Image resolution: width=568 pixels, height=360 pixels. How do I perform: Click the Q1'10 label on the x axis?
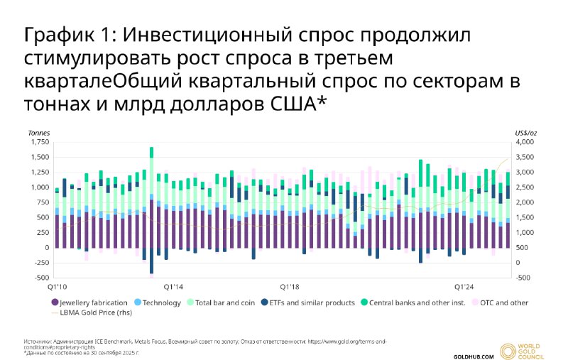[57, 287]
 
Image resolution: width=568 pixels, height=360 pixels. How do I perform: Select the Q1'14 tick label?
[174, 287]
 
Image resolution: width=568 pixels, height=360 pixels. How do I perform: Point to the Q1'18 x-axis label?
[290, 287]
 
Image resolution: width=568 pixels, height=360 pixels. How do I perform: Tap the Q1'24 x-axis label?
[464, 287]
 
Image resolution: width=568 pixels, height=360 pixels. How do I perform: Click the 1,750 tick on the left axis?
[40, 143]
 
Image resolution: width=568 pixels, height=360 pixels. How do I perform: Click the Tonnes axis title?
[38, 133]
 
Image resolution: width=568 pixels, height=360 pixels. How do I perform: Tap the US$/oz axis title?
[525, 133]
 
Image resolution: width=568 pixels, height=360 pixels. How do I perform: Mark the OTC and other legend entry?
[502, 303]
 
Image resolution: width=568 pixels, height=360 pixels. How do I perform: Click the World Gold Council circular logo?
[508, 350]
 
